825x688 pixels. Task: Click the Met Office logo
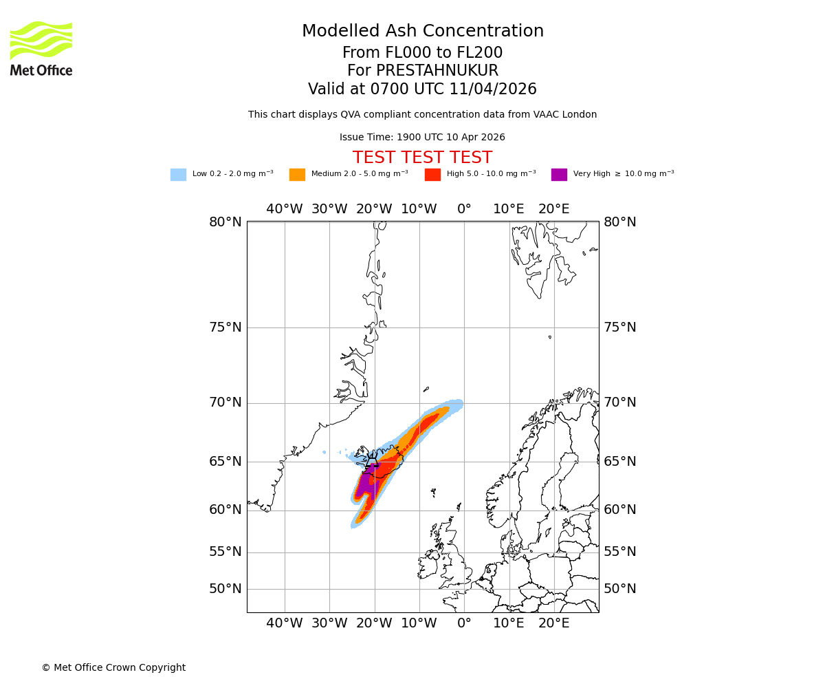[41, 48]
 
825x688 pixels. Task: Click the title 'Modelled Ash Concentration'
[423, 31]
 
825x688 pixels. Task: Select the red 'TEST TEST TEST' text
[422, 158]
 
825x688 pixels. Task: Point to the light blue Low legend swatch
[178, 175]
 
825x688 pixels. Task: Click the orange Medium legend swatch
[297, 175]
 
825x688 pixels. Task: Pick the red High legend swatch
[432, 175]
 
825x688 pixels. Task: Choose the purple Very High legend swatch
[559, 175]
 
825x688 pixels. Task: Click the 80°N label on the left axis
[225, 222]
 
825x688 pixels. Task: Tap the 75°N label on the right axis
[620, 327]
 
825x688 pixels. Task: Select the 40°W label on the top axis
[284, 209]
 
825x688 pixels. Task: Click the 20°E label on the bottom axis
[553, 623]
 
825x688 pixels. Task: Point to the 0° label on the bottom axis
[464, 623]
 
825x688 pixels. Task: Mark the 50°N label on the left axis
[225, 589]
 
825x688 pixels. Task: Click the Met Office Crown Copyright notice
[113, 667]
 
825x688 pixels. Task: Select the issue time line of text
[422, 138]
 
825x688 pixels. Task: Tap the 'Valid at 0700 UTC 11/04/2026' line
[422, 89]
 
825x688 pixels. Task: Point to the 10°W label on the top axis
[419, 209]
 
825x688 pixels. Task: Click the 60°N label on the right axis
[620, 510]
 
